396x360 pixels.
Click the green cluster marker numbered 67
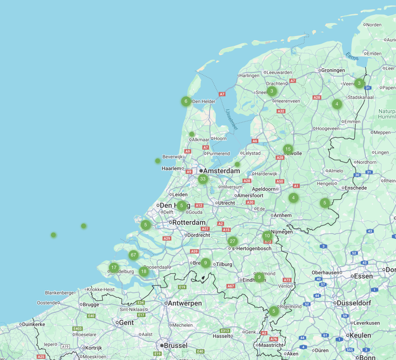point(133,255)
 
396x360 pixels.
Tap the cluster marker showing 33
point(203,179)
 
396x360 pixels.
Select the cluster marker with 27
point(232,241)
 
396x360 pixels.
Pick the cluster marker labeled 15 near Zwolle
point(287,149)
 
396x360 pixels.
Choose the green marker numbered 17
point(113,267)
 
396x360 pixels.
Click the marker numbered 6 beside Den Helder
point(186,101)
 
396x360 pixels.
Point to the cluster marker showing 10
point(267,236)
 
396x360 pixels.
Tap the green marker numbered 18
point(144,271)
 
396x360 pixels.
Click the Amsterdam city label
point(221,171)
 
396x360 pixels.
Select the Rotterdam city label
point(189,223)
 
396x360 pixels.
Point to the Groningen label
point(333,70)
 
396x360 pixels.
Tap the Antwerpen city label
point(185,303)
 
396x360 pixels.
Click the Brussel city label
point(175,345)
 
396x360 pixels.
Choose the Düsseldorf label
point(359,303)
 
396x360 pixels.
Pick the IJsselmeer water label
point(232,119)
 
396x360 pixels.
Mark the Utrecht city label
point(226,203)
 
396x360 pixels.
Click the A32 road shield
point(281,111)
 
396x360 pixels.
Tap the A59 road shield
point(195,251)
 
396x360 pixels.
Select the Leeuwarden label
point(279,72)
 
